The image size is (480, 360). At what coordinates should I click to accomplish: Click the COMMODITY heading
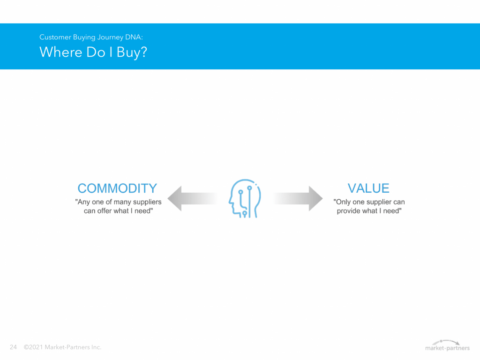(x=117, y=188)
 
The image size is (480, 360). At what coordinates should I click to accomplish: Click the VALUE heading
(x=368, y=188)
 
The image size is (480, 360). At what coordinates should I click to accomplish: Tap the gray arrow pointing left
(x=192, y=198)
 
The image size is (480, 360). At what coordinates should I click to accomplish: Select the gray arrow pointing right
(x=298, y=198)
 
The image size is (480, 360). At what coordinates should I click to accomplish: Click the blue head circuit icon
(x=245, y=198)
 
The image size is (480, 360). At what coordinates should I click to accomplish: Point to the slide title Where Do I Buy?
(x=93, y=52)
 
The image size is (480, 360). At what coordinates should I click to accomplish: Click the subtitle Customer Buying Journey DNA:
(x=91, y=37)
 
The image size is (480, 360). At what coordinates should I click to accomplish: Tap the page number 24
(x=13, y=347)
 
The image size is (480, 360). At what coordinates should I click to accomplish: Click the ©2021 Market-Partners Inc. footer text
(x=62, y=347)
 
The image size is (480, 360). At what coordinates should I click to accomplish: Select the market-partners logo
(x=447, y=345)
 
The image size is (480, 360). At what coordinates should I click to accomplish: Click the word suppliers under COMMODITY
(x=147, y=202)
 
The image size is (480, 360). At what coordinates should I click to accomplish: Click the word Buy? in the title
(x=132, y=52)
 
